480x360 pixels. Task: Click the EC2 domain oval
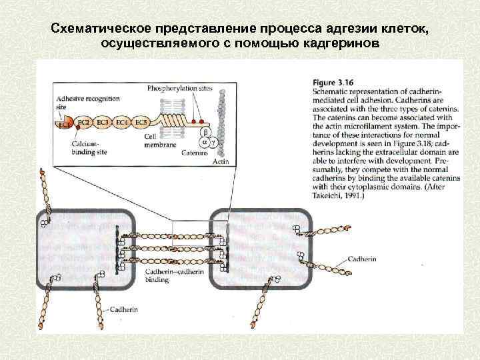tap(84, 123)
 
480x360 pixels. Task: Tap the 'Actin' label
tap(220, 161)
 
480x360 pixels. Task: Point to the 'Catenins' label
tap(195, 152)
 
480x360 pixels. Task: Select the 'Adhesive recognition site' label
tap(87, 102)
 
